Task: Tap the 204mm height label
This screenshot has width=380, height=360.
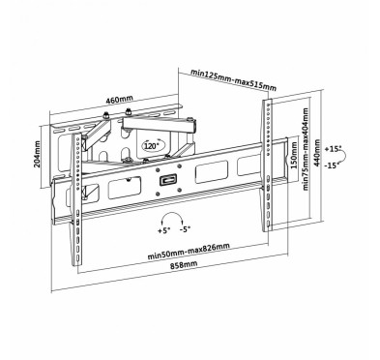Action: point(37,154)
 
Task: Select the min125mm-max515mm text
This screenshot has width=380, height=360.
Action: point(233,79)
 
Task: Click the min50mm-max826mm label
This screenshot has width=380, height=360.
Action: point(189,252)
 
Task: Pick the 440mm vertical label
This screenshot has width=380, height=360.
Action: point(317,153)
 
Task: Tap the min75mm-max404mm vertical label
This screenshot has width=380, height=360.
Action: point(306,149)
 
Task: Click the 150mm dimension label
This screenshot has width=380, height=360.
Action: point(294,156)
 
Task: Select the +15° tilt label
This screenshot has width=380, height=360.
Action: point(333,149)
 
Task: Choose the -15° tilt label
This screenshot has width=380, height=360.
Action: point(333,165)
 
